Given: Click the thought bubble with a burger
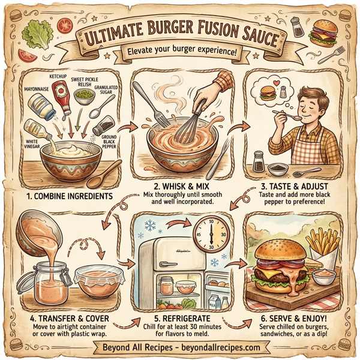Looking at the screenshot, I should pos(268,93).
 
